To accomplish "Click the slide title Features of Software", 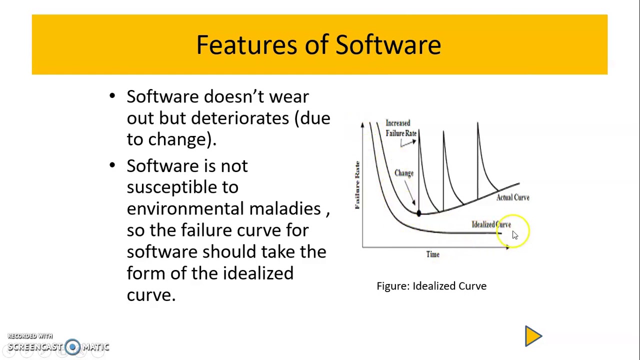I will (x=318, y=45).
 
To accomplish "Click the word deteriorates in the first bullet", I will (x=240, y=118).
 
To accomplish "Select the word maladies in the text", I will (x=285, y=208).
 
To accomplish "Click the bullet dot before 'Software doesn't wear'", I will (x=112, y=96).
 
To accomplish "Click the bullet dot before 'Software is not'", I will (x=112, y=165).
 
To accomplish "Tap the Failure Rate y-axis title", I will (x=357, y=185).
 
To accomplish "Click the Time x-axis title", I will (x=433, y=254).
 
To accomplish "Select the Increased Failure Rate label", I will (x=400, y=128).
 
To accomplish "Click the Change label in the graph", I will (x=404, y=173).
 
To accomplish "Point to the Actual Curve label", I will (x=512, y=197).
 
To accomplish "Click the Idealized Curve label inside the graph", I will (x=490, y=224).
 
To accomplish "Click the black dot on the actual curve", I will (x=418, y=213).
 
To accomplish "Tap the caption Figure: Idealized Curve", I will (x=431, y=286).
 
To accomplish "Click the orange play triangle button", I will (x=532, y=336).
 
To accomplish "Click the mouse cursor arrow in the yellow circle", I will (x=515, y=235).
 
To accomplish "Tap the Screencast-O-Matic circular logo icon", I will (x=72, y=347).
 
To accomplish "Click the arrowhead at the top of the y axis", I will (x=362, y=124).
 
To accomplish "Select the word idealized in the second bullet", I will (x=258, y=273).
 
